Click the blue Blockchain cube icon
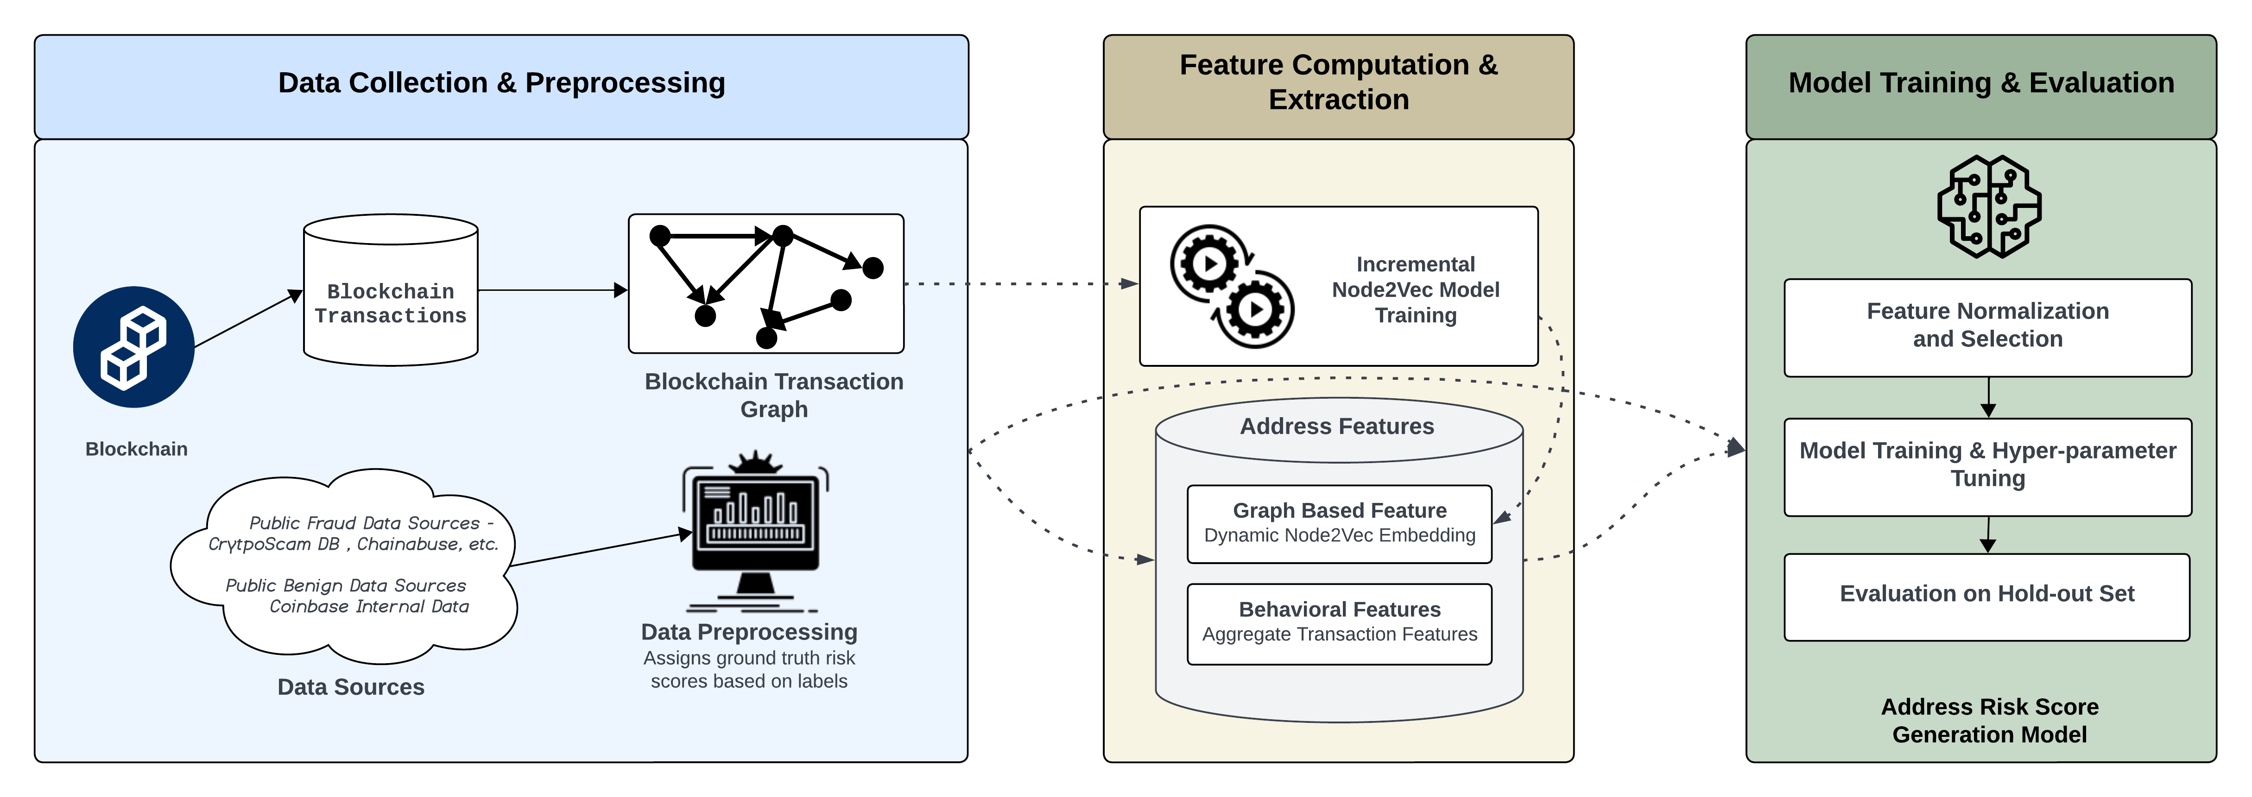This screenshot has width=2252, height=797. [x=134, y=347]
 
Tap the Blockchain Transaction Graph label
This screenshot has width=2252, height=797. [x=774, y=395]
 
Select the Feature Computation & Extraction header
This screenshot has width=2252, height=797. [x=1338, y=83]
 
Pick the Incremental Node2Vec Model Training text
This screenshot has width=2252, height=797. [x=1415, y=289]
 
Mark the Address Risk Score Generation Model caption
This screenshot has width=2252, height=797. [x=1989, y=720]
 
